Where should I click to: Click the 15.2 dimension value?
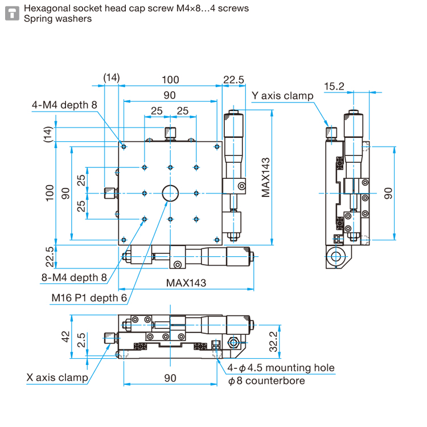(334, 87)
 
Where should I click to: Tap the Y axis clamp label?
(282, 96)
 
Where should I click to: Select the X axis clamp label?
(57, 377)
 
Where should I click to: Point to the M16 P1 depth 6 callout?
(89, 298)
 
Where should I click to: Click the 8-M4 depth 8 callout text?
(74, 277)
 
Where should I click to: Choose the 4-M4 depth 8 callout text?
(64, 105)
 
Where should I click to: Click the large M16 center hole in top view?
(170, 193)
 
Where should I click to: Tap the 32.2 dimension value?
(273, 342)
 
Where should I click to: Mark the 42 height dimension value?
(65, 336)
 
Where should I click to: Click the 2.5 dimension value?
(81, 340)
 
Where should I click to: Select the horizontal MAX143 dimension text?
(186, 283)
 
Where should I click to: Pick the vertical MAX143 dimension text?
(265, 177)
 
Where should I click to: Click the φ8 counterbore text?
(266, 381)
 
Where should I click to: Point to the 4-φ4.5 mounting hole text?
(281, 368)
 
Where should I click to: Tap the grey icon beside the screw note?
(13, 13)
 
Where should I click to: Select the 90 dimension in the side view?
(388, 194)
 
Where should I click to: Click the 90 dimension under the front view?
(170, 378)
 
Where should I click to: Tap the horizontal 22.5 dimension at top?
(233, 80)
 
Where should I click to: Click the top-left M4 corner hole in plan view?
(124, 147)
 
